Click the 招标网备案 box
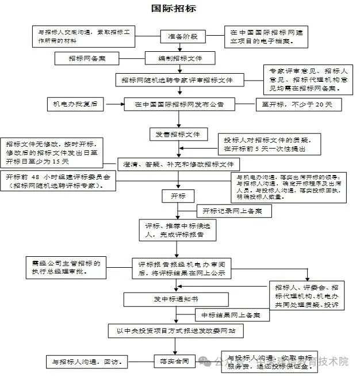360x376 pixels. click(x=86, y=58)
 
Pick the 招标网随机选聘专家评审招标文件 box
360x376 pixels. click(x=180, y=79)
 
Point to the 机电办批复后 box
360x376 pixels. click(x=75, y=104)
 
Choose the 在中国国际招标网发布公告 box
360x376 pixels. click(x=179, y=105)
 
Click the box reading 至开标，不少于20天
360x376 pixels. click(x=298, y=104)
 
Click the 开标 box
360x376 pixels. click(x=178, y=196)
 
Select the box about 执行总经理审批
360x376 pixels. click(x=66, y=267)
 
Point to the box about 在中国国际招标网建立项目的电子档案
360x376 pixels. click(x=261, y=37)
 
